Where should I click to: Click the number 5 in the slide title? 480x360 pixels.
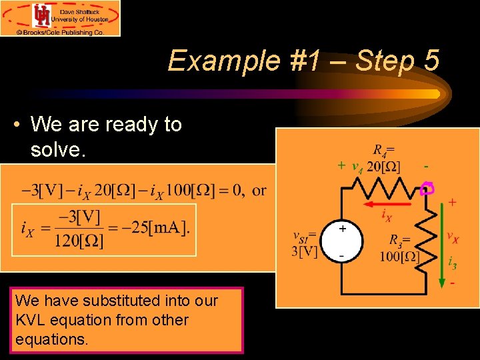click(x=431, y=61)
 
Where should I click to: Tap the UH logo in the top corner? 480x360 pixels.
click(x=41, y=15)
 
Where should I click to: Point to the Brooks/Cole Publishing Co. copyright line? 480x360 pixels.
click(x=61, y=31)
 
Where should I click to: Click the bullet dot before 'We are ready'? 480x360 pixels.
click(x=22, y=125)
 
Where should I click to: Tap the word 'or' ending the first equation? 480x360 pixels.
click(x=259, y=191)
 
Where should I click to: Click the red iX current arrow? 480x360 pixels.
click(x=386, y=198)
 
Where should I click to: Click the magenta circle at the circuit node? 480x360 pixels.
click(x=427, y=189)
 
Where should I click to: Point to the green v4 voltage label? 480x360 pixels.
click(x=357, y=166)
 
